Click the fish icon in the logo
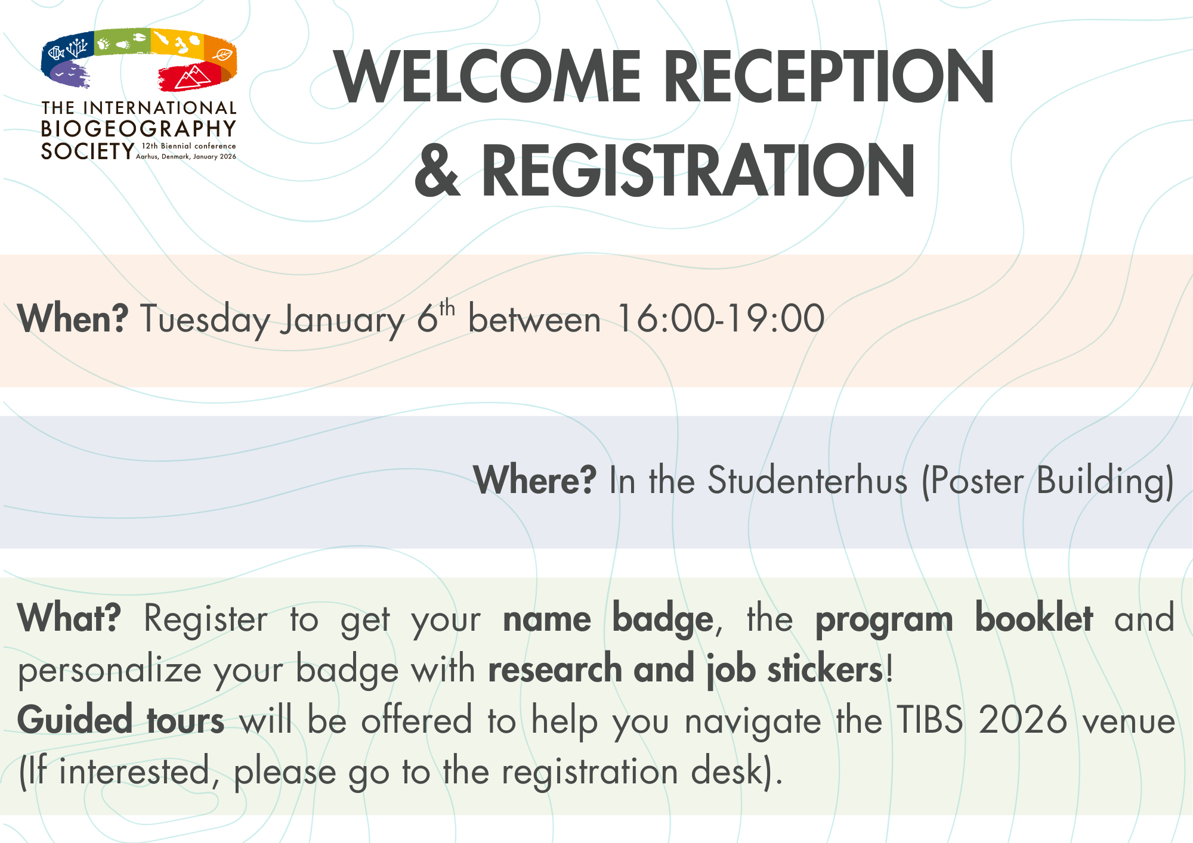tap(55, 53)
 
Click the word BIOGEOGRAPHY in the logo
tap(139, 129)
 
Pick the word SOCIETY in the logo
tap(88, 151)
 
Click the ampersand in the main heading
tap(438, 171)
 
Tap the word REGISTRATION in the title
tap(698, 171)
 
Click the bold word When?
tap(73, 318)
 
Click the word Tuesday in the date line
tap(206, 320)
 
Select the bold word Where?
tap(534, 480)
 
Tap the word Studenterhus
tap(807, 480)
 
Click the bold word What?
tap(69, 618)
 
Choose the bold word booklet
tap(1034, 618)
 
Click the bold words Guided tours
tap(121, 720)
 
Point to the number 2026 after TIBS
tap(1023, 720)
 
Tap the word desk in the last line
tap(728, 770)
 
